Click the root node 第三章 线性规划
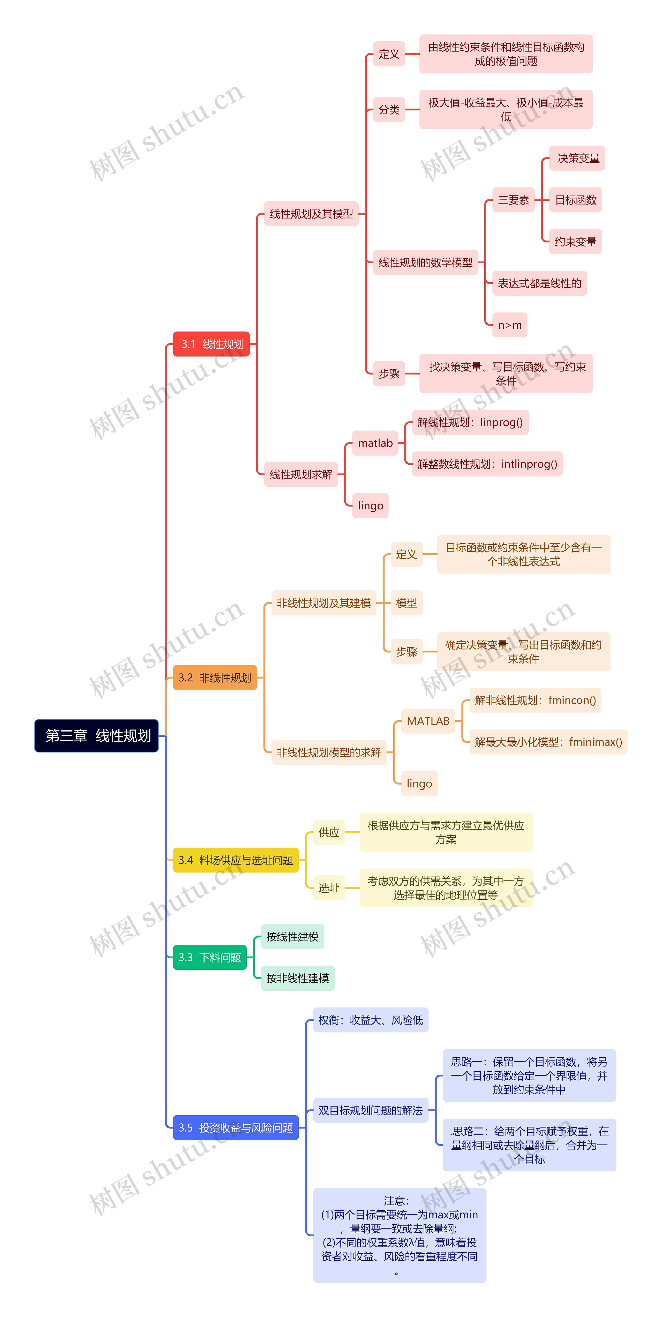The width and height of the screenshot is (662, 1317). [97, 736]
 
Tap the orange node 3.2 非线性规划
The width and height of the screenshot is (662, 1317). [215, 678]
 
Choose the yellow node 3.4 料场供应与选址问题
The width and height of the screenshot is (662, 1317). [236, 860]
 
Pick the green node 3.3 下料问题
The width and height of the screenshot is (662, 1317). [210, 957]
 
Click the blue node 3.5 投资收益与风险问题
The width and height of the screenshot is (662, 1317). [236, 1127]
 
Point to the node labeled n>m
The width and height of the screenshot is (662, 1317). [510, 325]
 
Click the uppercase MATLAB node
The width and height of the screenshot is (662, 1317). [428, 721]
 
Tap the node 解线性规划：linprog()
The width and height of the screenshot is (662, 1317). [470, 422]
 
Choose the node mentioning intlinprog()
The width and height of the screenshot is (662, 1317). [487, 464]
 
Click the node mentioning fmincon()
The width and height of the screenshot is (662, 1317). [535, 700]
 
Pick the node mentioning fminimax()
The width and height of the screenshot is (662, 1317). [548, 742]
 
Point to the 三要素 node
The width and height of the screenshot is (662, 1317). [513, 200]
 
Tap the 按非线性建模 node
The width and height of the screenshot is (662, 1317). [298, 978]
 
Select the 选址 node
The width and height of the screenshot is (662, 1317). [329, 887]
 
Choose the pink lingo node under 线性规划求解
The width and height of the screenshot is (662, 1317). [370, 506]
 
